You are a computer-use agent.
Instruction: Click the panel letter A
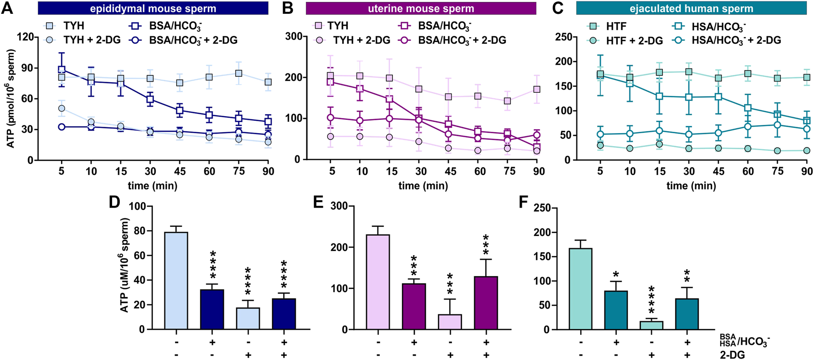point(7,8)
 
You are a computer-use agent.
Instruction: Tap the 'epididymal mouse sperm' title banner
point(153,8)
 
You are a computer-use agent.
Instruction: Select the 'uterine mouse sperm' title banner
point(421,8)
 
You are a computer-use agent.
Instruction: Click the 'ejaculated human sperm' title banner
point(691,8)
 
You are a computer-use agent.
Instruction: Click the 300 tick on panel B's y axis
point(294,37)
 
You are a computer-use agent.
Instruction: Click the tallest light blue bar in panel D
point(176,280)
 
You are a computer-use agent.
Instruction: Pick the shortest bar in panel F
point(651,325)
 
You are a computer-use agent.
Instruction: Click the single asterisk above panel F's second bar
point(616,274)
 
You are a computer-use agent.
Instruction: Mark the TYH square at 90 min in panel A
point(268,82)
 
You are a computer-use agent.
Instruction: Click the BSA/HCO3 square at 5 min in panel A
point(62,70)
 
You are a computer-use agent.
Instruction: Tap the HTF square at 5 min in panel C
point(600,74)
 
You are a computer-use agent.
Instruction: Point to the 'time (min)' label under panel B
point(423,186)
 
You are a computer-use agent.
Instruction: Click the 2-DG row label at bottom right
point(732,354)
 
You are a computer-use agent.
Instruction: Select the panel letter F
point(523,202)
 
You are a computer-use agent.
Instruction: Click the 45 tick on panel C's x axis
point(718,171)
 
